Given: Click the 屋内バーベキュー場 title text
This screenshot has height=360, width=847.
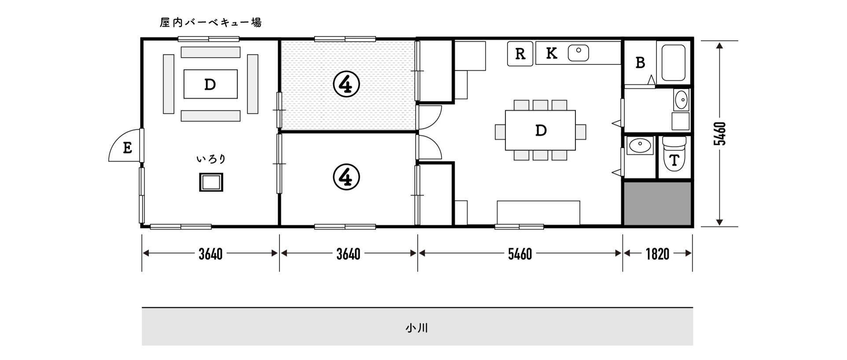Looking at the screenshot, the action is (x=210, y=22).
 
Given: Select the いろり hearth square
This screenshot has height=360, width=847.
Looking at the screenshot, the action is (x=211, y=182).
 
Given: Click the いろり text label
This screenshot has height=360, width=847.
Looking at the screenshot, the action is (x=211, y=159).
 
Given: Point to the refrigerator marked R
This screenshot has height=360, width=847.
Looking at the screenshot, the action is (x=520, y=54).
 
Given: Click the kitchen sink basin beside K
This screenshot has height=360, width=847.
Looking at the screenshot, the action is (x=578, y=53).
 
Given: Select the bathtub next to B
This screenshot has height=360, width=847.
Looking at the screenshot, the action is (x=673, y=62).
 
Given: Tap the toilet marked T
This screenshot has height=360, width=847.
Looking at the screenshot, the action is (x=674, y=154).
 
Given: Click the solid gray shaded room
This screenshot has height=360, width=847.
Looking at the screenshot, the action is (x=657, y=203).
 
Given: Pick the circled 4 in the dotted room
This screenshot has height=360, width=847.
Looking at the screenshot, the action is (x=346, y=84).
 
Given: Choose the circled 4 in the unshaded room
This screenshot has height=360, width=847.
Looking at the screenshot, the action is (x=346, y=177).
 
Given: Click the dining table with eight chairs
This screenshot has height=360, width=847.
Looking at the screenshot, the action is (x=540, y=130).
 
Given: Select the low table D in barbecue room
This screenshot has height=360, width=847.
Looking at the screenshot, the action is (x=210, y=84).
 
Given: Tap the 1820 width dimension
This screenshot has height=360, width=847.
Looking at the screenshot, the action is (x=657, y=253).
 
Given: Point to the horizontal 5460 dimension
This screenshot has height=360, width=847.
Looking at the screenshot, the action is (x=520, y=253).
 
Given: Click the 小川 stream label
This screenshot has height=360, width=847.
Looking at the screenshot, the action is (x=417, y=328).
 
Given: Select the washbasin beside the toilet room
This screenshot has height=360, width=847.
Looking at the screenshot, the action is (x=640, y=145).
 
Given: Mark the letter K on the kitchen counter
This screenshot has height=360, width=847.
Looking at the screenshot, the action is (x=551, y=53).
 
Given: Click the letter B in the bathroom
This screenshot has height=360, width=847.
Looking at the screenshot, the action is (x=640, y=63).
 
